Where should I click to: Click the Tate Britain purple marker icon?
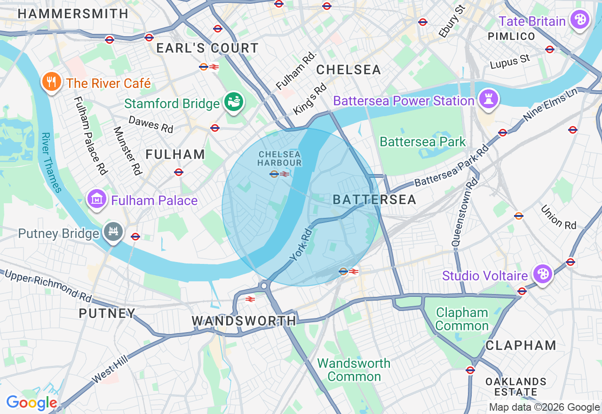[x=580, y=20]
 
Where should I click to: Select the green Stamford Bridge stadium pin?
[x=233, y=101]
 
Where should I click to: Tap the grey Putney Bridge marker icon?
[x=114, y=232]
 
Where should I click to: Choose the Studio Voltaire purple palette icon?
[x=542, y=274]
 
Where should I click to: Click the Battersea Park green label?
[x=422, y=142]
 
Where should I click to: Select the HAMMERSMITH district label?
[x=73, y=14]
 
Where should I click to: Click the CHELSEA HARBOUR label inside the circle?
[x=280, y=158]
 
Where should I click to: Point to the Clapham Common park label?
[x=462, y=319]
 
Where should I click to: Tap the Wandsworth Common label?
[x=354, y=370]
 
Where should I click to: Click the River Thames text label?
[x=51, y=163]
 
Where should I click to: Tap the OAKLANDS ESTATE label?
[x=516, y=386]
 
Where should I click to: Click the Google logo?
[x=32, y=403]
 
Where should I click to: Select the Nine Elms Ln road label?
[x=550, y=104]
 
